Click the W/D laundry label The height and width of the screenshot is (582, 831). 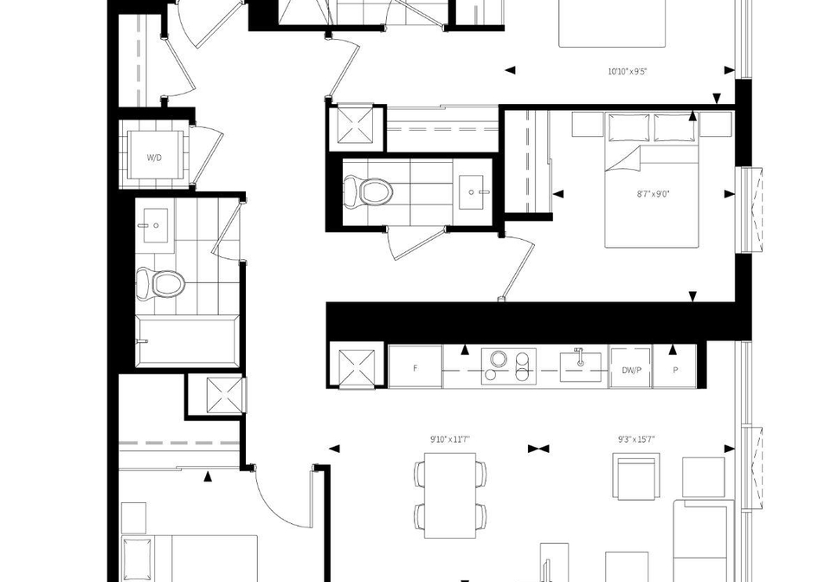coord(154,158)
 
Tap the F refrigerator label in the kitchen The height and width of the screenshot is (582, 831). coord(415,368)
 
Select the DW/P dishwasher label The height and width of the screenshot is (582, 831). coord(631,370)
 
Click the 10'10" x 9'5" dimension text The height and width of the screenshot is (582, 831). coord(627,72)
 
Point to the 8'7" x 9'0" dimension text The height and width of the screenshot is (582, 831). coord(653,194)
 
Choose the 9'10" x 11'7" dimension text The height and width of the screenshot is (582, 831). coord(450,439)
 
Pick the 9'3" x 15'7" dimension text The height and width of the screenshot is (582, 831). coord(636,439)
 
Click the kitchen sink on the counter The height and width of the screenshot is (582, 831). coord(581,365)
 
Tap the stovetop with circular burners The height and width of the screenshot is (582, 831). coord(509,366)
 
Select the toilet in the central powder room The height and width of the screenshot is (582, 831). coord(368,191)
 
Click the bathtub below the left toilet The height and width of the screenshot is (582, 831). coord(187,341)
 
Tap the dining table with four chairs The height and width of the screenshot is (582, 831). coord(450,495)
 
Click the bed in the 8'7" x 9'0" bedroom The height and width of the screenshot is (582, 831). coord(651,179)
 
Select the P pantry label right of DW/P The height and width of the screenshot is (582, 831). coord(675,370)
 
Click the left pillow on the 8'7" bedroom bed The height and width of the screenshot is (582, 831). coord(628,127)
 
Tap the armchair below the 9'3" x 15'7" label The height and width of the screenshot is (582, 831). coord(636,475)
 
